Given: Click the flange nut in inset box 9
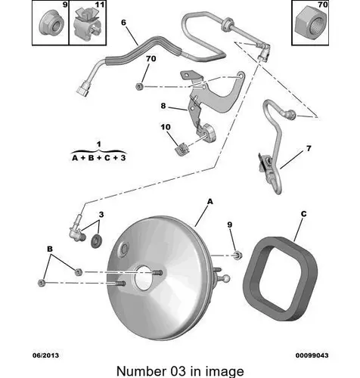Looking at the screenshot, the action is (51, 23).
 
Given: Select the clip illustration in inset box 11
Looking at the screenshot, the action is (87, 24).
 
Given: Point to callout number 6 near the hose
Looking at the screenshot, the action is (123, 23).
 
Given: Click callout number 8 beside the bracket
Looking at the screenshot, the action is (163, 106).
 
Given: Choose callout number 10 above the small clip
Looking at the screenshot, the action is (166, 127).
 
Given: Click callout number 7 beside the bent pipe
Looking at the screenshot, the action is (309, 148).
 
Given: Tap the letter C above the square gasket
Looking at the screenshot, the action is (304, 214).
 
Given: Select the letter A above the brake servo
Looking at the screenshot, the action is (210, 202).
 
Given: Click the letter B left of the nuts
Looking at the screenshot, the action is (50, 249).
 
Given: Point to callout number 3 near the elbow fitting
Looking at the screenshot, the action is (101, 215).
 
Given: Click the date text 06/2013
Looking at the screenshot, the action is (45, 355).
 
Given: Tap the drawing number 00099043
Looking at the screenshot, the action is (312, 355).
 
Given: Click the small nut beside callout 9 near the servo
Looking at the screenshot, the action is (237, 256).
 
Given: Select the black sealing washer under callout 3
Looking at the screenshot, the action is (96, 241).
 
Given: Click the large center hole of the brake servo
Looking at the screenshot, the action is (143, 277).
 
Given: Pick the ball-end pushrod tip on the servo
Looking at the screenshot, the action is (225, 278).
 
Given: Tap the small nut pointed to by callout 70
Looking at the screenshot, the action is (139, 87).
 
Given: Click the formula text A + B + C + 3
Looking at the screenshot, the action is (99, 158).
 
